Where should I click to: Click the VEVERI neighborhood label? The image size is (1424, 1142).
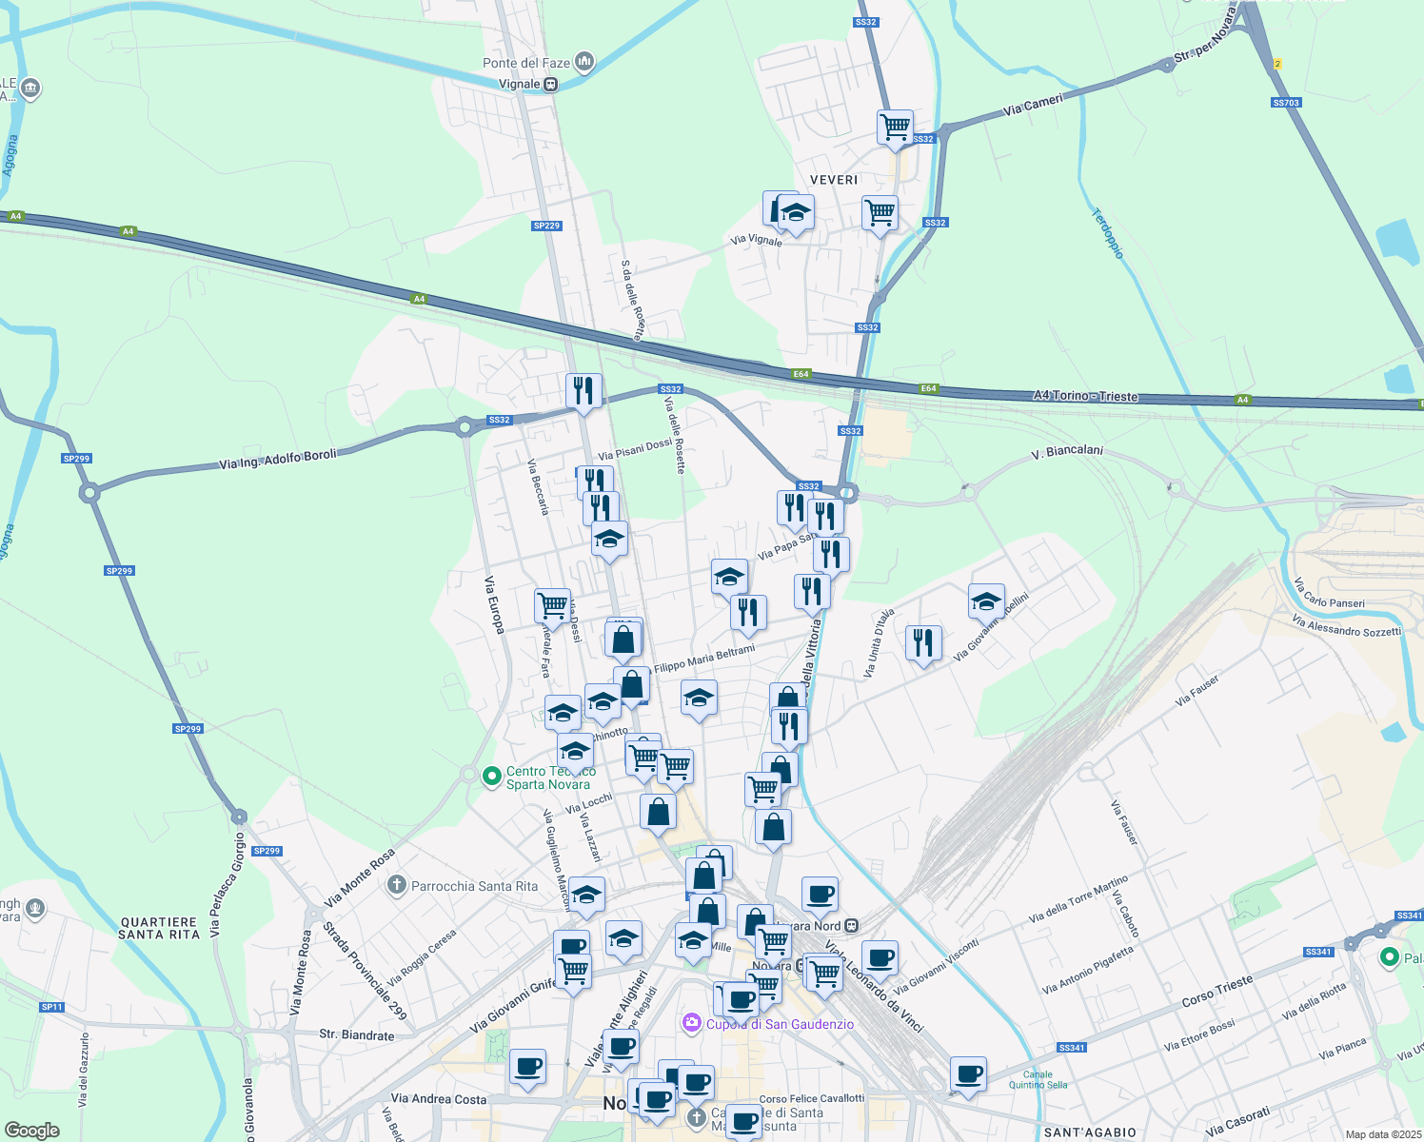click(x=834, y=180)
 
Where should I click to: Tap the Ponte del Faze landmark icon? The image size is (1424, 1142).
click(x=584, y=64)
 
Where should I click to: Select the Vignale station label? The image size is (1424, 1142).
click(x=520, y=84)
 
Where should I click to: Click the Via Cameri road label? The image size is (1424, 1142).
click(x=1033, y=105)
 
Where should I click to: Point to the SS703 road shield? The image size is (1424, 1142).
click(x=1285, y=103)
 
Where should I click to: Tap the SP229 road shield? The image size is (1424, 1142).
click(x=546, y=226)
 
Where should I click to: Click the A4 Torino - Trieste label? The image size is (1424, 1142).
click(x=1085, y=395)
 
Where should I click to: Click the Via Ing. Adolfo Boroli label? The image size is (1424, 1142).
click(x=278, y=460)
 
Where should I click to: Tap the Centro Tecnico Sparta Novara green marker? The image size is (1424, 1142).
click(x=492, y=777)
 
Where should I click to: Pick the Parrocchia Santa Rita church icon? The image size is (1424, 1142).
click(x=397, y=885)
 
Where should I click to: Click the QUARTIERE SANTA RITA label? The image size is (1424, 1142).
click(x=159, y=928)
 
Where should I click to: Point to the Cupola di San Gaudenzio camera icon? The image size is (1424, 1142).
click(x=692, y=1023)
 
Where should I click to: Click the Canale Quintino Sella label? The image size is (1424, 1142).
click(x=1038, y=1079)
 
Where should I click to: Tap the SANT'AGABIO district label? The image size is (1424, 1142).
click(x=1090, y=1132)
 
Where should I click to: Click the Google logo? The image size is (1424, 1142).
click(x=32, y=1130)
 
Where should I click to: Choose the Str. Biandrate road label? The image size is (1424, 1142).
click(x=356, y=1035)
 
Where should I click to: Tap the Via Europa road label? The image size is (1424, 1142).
click(x=494, y=604)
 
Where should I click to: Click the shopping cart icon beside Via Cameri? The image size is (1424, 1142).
click(x=895, y=126)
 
